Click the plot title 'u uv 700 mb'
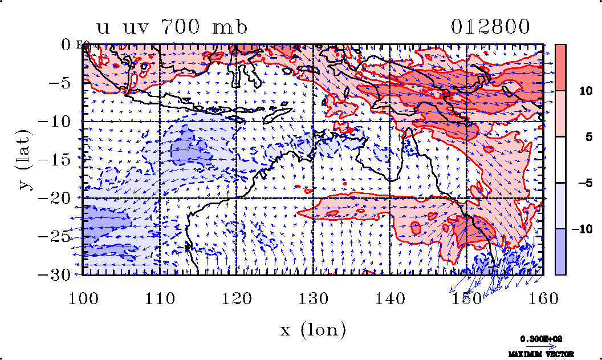point(172,27)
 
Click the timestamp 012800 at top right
point(491,27)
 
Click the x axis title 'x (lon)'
point(313,329)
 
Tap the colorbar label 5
point(581,136)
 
